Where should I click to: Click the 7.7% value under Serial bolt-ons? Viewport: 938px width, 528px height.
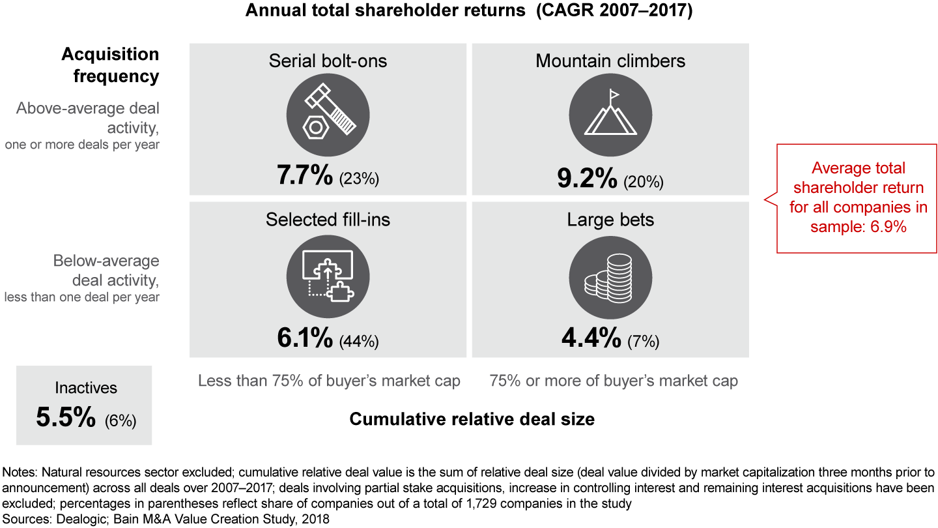coord(305,177)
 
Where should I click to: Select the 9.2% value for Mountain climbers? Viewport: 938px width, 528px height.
coord(587,178)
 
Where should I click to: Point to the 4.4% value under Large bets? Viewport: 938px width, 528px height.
coord(590,339)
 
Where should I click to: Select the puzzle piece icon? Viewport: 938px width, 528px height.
coord(328,274)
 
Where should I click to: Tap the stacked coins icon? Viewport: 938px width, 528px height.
coord(610,274)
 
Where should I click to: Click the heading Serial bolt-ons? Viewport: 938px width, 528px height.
coord(328,61)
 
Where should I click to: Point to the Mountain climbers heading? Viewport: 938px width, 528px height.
coord(610,61)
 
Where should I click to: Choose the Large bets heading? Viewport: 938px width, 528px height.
coord(610,220)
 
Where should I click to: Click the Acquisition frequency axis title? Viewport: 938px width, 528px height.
coord(110,65)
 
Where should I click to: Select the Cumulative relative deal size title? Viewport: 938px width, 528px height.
coord(472,419)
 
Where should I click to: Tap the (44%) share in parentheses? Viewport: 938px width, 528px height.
coord(359,342)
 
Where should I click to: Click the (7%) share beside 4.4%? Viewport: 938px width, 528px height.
coord(643,342)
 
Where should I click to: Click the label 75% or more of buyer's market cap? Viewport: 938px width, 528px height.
coord(614,381)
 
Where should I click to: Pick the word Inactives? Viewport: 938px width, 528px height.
coord(86,389)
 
